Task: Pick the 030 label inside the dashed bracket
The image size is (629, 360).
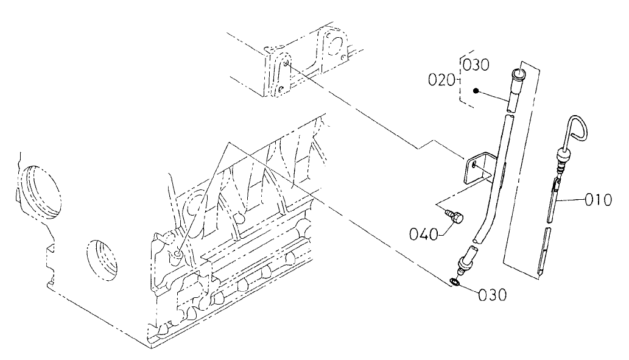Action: (476, 65)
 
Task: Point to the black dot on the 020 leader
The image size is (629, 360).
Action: (479, 91)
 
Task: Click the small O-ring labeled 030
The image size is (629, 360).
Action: (454, 282)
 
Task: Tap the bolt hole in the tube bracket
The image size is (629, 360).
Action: (474, 163)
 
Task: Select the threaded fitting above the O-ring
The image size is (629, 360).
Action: (465, 259)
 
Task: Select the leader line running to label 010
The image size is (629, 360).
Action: (576, 199)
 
